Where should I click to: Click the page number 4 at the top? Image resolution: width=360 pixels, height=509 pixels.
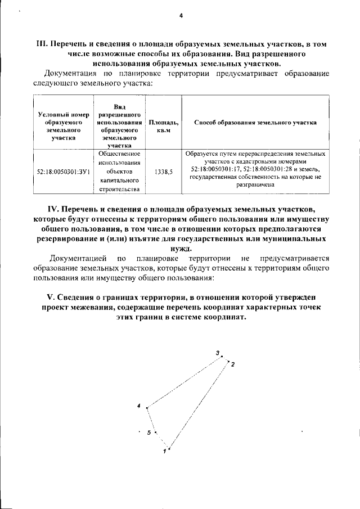click(181, 16)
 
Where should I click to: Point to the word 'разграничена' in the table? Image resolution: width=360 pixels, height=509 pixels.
click(255, 183)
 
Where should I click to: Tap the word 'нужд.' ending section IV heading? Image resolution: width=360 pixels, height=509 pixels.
click(180, 250)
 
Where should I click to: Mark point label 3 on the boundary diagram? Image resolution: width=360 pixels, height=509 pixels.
click(218, 352)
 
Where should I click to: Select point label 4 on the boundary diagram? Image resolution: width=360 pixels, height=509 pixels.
click(139, 406)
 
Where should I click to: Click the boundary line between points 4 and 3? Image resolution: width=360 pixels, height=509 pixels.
click(183, 382)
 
